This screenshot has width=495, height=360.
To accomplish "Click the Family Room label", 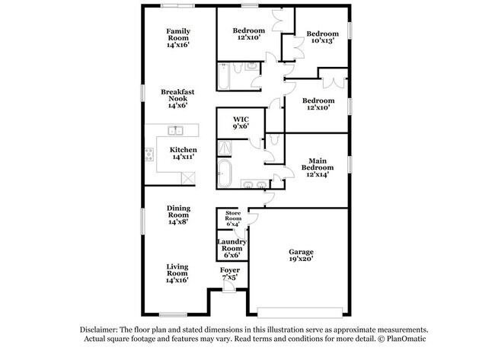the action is point(178,34).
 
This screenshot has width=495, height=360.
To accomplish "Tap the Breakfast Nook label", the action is point(177,95).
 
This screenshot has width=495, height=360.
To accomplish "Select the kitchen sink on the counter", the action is point(175,130).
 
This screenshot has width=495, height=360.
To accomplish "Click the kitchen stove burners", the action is point(149,155).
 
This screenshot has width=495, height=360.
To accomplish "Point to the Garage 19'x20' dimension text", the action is point(301,259).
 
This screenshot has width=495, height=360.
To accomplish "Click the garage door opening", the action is point(300,313).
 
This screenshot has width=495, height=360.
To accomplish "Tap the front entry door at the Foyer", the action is point(229,286).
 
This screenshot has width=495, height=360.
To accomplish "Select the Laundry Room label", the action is point(232,245).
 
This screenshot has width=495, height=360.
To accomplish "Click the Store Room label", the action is point(233,216).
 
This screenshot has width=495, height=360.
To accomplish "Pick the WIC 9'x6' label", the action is point(241,123).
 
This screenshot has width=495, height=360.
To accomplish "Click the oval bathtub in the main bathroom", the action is point(225,174).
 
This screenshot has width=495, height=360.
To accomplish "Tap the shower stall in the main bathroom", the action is point(225,148).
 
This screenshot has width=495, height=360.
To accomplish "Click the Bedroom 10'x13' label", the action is point(323,37).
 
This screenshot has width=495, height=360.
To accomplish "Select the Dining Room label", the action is point(179,212).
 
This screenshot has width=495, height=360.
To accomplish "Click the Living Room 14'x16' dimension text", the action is point(177,280).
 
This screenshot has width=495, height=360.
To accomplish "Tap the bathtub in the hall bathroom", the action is point(224,76).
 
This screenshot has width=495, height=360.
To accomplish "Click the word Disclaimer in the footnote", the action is point(98,330).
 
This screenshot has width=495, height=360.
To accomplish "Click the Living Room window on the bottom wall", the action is point(173,314).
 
